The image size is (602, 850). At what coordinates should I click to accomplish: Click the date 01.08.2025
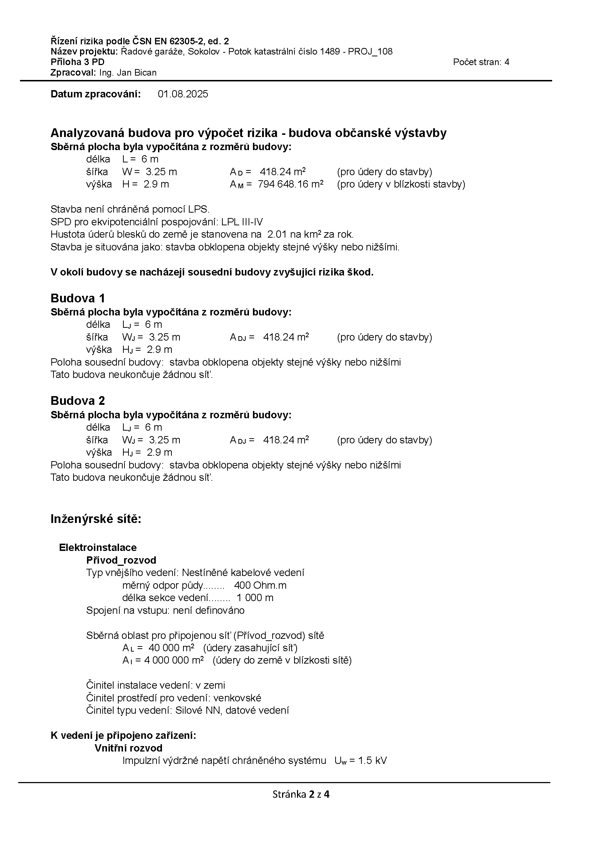click(183, 94)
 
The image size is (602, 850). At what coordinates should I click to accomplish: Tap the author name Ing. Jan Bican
click(127, 73)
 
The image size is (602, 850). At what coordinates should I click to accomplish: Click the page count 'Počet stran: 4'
click(481, 62)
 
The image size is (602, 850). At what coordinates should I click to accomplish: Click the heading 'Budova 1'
click(78, 298)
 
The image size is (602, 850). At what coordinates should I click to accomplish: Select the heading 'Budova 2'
click(78, 400)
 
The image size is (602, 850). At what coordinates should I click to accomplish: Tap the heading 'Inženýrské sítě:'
click(96, 519)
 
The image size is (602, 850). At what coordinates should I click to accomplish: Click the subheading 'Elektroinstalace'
click(98, 548)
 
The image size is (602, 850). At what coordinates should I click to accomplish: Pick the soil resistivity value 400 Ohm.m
click(260, 585)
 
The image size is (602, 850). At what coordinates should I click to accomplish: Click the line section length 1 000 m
click(255, 598)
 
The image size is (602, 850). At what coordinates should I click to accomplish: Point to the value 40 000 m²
click(171, 648)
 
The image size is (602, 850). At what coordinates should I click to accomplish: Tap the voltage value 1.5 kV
click(372, 761)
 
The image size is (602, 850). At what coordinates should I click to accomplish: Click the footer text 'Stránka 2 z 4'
click(301, 794)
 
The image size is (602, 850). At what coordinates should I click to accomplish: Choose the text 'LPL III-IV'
click(242, 222)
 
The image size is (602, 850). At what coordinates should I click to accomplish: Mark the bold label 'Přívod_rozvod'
click(121, 560)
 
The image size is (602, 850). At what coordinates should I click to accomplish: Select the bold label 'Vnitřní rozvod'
click(128, 748)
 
